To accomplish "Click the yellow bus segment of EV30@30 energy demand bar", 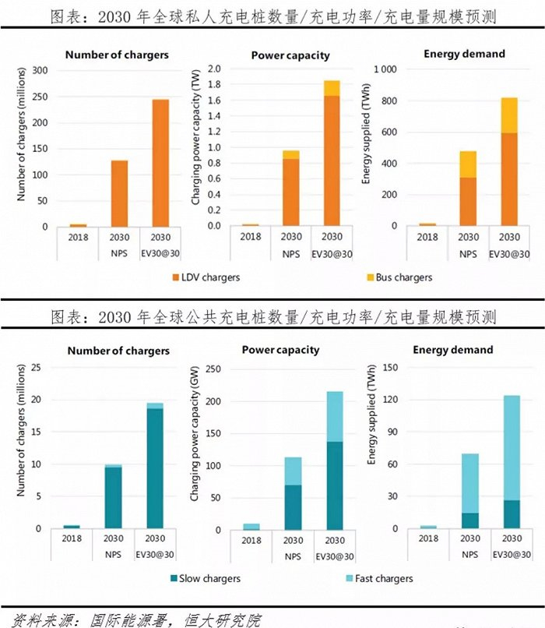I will tap(508, 115).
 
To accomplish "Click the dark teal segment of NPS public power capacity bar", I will tap(292, 507).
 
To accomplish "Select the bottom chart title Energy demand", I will tap(453, 350).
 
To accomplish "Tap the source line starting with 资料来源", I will tap(132, 619).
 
